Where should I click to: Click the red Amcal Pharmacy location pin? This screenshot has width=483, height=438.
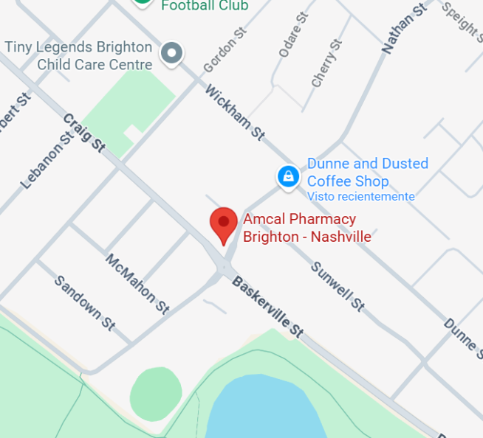pyautogui.click(x=223, y=223)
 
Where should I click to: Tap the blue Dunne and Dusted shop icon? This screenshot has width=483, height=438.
pyautogui.click(x=287, y=176)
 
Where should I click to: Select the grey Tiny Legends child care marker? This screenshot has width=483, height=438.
pyautogui.click(x=172, y=53)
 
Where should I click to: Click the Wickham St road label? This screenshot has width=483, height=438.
pyautogui.click(x=235, y=113)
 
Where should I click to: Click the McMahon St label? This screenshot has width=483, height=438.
pyautogui.click(x=137, y=284)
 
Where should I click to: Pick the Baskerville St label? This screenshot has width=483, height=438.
pyautogui.click(x=268, y=307)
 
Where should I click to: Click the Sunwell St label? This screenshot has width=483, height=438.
pyautogui.click(x=338, y=286)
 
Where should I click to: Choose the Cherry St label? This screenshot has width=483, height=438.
pyautogui.click(x=326, y=63)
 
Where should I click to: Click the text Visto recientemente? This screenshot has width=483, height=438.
pyautogui.click(x=360, y=196)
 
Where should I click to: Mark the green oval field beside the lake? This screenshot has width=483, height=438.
pyautogui.click(x=155, y=393)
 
